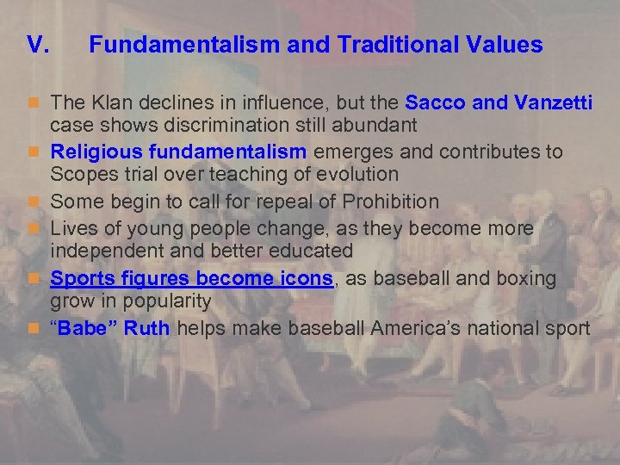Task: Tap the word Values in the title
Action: [x=502, y=45]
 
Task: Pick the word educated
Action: [x=309, y=251]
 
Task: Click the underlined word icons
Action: [x=303, y=279]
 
